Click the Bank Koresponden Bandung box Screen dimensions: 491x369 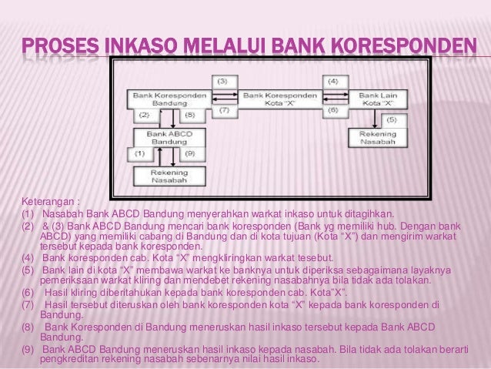(161, 99)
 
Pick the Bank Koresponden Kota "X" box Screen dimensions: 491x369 (275, 99)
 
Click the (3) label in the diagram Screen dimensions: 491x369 (221, 81)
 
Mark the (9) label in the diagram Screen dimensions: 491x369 (189, 154)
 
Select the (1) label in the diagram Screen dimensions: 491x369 (139, 154)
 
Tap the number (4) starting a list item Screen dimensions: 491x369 (28, 257)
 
